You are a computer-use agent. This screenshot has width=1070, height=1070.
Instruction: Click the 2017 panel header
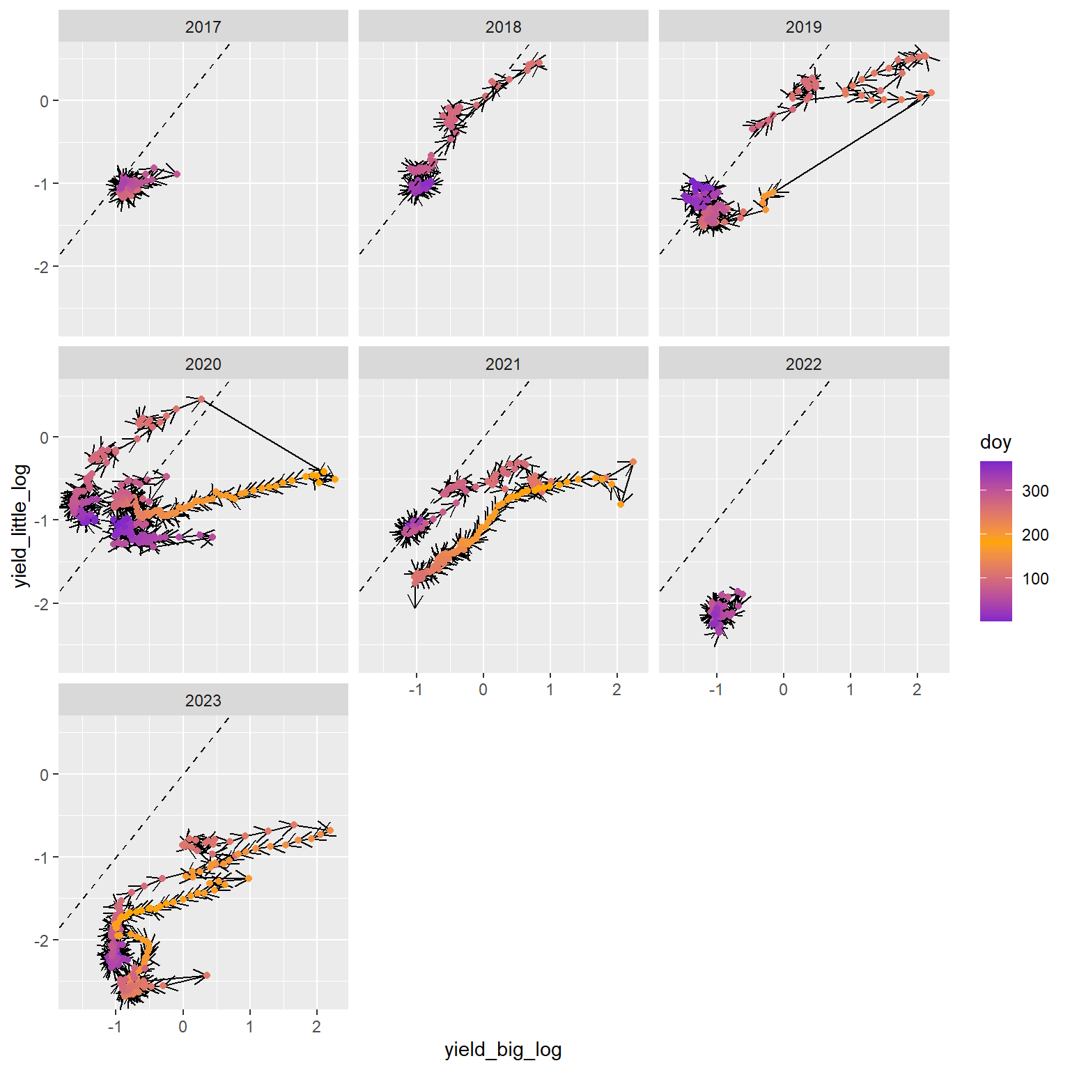tap(203, 27)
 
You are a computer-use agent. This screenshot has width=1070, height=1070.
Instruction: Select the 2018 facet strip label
tap(503, 27)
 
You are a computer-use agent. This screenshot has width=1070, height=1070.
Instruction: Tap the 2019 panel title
tap(803, 27)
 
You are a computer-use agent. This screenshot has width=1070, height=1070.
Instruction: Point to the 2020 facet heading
tap(203, 364)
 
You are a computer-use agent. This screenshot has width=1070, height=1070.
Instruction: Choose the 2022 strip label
tap(803, 364)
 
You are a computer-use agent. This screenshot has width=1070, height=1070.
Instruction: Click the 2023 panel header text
tap(203, 701)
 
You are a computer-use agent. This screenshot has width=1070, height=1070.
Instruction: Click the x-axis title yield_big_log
tap(503, 1050)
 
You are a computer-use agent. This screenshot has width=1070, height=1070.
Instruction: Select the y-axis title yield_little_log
tap(22, 526)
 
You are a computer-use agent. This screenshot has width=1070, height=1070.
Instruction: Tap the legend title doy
tap(995, 442)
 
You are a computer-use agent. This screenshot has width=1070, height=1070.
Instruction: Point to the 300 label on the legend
tap(1035, 491)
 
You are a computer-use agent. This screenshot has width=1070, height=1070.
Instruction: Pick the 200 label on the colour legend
tap(1035, 535)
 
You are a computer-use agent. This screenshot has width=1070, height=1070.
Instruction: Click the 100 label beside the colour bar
tap(1035, 579)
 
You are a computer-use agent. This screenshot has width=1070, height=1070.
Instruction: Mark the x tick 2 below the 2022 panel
tap(917, 690)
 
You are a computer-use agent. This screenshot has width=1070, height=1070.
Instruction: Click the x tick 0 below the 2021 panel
tap(483, 690)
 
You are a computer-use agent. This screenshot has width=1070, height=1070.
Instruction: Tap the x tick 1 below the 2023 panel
tap(249, 1027)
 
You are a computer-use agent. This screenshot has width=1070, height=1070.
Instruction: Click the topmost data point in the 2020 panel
tap(201, 399)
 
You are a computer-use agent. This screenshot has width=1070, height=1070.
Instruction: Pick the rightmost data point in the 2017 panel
tap(177, 174)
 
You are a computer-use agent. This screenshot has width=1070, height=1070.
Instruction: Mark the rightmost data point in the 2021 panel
tap(633, 462)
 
